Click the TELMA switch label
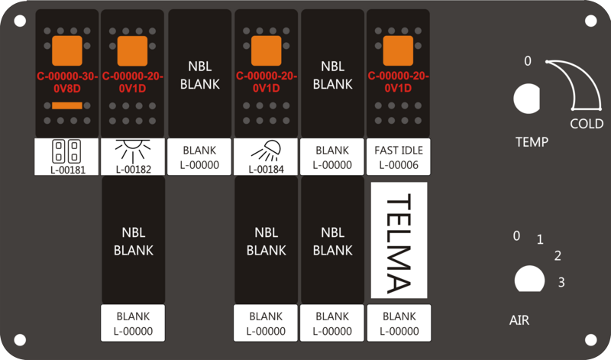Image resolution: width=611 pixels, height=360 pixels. tap(399, 240)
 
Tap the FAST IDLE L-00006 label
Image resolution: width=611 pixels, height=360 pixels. tap(398, 157)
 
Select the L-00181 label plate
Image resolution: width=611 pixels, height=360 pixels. tap(66, 157)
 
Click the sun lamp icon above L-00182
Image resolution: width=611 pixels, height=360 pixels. tap(133, 150)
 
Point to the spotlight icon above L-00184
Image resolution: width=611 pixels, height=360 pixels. tap(266, 151)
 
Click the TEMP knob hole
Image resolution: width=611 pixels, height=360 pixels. tap(527, 99)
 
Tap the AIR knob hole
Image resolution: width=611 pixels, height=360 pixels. tap(529, 279)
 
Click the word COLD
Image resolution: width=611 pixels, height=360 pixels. tap(587, 124)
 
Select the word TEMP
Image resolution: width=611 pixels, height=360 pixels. tap(532, 141)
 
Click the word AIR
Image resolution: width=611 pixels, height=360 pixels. tap(519, 320)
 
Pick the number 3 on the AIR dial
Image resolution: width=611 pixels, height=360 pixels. tap(561, 282)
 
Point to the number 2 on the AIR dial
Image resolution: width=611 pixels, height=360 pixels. tap(558, 256)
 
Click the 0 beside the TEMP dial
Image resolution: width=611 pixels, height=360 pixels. tap(528, 61)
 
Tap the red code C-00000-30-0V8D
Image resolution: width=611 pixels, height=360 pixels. tap(67, 83)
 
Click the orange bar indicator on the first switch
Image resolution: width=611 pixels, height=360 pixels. tap(67, 105)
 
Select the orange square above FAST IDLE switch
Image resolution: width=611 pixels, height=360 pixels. tap(398, 50)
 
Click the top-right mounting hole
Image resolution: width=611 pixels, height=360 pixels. tap(590, 21)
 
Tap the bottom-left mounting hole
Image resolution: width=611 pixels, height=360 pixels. tap(20, 340)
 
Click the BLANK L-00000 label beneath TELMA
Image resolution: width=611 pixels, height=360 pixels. tap(399, 323)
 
